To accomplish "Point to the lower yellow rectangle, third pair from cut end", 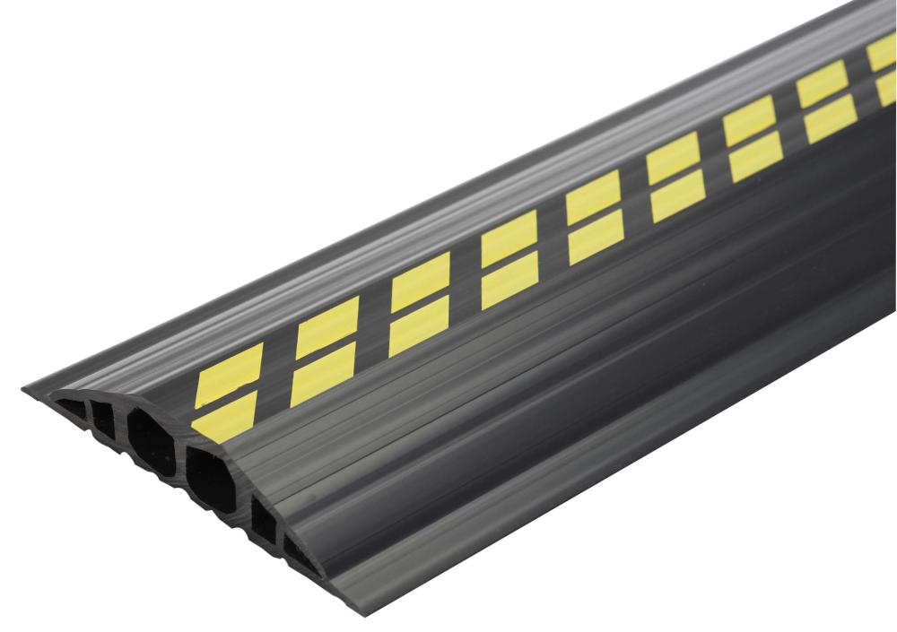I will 418,324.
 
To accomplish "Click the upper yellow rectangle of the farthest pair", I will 883,56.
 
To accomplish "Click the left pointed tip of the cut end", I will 24,387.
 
